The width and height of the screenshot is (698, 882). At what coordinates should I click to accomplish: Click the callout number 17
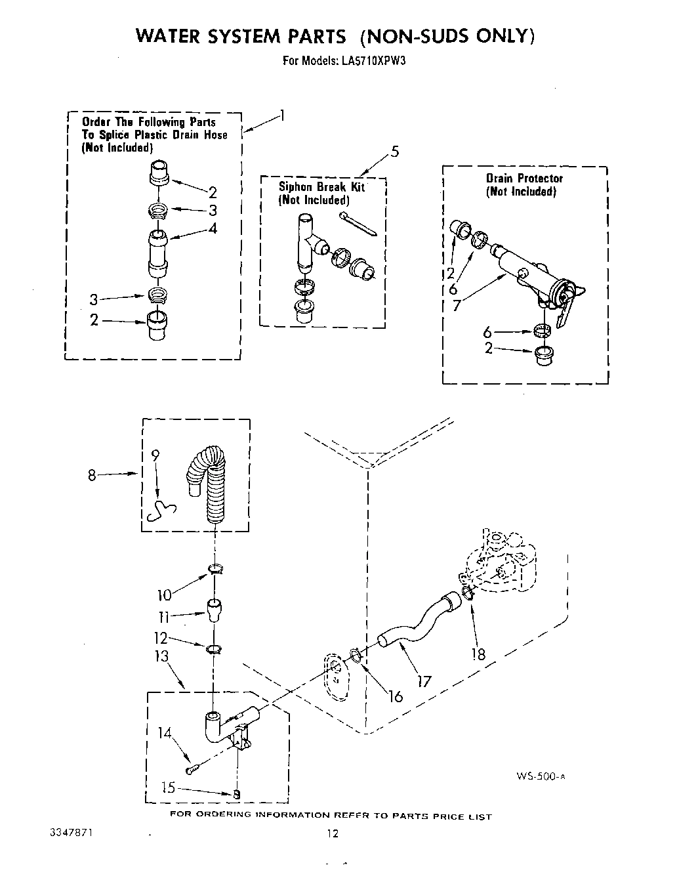click(424, 681)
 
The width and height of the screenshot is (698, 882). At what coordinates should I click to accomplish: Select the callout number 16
click(395, 696)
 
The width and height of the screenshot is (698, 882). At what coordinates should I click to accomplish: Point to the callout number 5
click(394, 152)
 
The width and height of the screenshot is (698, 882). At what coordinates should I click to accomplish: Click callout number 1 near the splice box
click(281, 116)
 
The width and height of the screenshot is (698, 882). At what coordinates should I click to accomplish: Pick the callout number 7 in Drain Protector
click(457, 306)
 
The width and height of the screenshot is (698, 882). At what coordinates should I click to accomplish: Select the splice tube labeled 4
click(157, 252)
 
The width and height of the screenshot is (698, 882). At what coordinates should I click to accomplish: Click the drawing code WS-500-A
click(540, 776)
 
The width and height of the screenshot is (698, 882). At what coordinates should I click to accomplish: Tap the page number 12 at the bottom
click(333, 834)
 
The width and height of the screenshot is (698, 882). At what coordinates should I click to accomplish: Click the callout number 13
click(161, 656)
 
